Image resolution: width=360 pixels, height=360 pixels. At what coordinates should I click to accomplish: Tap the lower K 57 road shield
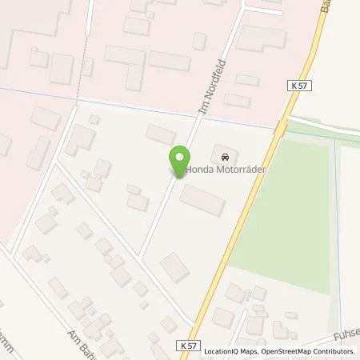click(x=186, y=345)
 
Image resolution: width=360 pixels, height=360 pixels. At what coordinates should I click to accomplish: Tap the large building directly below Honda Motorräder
click(x=202, y=200)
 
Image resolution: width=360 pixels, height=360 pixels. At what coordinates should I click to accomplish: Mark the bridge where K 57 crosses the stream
click(x=279, y=127)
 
